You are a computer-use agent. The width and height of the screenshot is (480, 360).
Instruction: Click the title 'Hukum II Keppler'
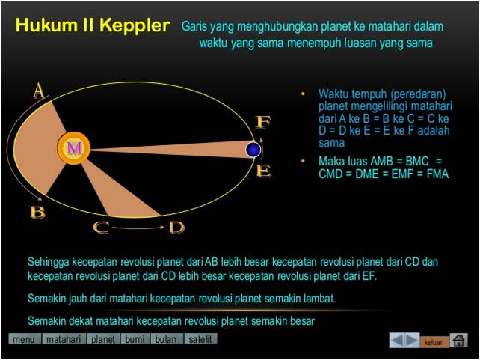click(x=92, y=26)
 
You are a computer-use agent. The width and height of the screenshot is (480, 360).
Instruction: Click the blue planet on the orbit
click(x=254, y=150)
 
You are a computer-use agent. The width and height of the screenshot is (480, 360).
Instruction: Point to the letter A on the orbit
click(x=39, y=92)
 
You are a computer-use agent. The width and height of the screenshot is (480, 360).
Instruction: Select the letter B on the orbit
click(x=37, y=212)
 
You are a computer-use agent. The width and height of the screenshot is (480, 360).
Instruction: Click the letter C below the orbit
click(x=101, y=228)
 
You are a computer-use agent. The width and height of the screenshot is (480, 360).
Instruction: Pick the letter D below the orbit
click(x=176, y=228)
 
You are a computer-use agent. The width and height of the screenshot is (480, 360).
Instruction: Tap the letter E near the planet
click(x=263, y=171)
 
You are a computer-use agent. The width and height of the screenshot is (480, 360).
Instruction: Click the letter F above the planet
click(x=263, y=121)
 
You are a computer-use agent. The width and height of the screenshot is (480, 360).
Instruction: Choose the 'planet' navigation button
click(x=103, y=339)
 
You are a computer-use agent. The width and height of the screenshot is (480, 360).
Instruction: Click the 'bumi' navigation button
click(x=135, y=339)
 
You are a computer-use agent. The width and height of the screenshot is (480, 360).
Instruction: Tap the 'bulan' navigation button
click(x=166, y=339)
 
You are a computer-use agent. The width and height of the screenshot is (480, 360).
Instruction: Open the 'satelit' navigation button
click(x=200, y=339)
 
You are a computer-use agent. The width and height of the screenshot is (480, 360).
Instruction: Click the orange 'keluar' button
click(x=434, y=342)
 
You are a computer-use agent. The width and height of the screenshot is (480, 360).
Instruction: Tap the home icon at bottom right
click(x=459, y=341)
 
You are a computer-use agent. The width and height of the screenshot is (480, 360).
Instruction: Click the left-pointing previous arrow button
click(x=397, y=341)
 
